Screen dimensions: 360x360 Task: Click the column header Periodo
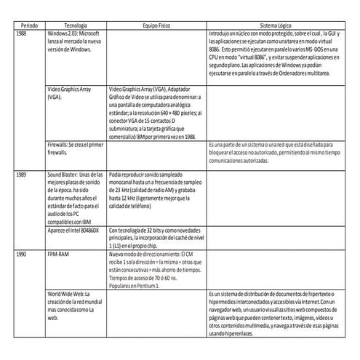28,24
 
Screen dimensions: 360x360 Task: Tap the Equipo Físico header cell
152,24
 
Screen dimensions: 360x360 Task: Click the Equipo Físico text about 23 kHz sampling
152,191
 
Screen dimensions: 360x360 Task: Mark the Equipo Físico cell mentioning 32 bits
152,237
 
